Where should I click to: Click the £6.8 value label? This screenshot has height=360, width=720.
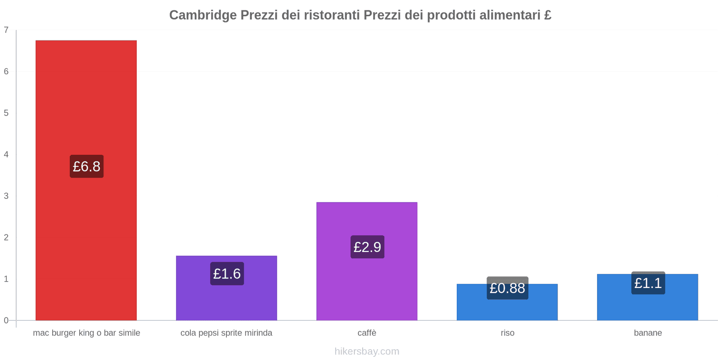86,166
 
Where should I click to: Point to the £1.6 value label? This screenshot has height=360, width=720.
227,274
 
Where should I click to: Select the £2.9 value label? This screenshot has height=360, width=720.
367,247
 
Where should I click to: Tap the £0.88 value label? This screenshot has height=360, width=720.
507,288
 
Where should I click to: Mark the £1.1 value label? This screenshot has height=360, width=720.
648,283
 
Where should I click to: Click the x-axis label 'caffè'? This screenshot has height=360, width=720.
367,333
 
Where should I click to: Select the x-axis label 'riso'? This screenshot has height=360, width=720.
507,333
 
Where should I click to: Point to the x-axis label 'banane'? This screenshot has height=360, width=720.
648,333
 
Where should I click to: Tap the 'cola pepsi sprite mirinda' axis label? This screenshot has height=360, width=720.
226,333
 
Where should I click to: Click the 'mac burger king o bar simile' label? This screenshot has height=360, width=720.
86,333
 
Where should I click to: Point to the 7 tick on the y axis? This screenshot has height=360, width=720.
6,30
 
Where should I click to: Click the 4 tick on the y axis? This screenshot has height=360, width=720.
6,154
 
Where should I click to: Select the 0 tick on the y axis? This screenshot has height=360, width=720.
6,320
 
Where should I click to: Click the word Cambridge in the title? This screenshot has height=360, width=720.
202,15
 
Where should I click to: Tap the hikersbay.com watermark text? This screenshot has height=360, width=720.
367,351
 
